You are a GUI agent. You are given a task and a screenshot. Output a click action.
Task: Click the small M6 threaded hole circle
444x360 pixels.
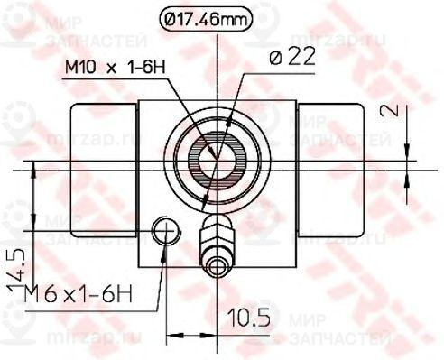point(163,231)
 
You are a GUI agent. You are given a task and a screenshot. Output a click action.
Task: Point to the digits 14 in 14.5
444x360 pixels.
point(17,274)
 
